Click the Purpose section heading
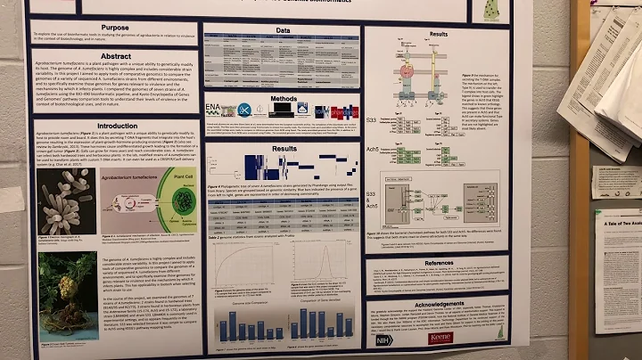coord(114,28)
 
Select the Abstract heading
coord(115,54)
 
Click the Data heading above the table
coord(283,29)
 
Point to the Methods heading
coord(284,98)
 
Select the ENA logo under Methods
coord(214,110)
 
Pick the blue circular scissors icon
coord(243,110)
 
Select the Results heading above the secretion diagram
coord(439,34)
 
